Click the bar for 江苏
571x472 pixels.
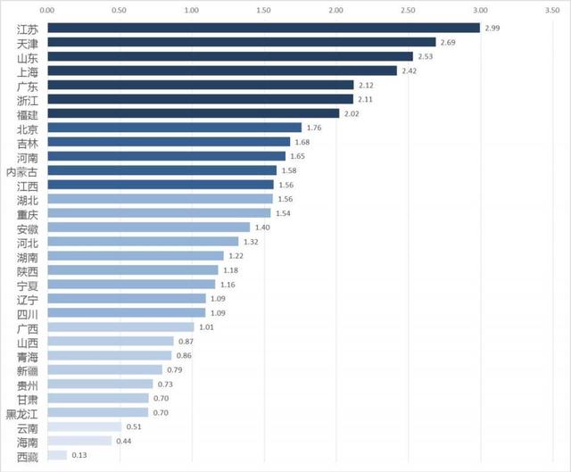[263, 28]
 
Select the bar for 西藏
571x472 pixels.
[56, 455]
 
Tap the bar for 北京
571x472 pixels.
[174, 128]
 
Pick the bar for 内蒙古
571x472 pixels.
[161, 170]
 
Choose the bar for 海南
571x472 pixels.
[79, 441]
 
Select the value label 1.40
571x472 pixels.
[264, 228]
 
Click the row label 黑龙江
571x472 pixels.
[22, 412]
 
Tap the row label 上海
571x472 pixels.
[28, 70]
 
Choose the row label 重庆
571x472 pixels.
[28, 213]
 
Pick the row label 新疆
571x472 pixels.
[28, 369]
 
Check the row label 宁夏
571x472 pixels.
[28, 284]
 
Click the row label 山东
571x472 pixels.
[28, 56]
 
